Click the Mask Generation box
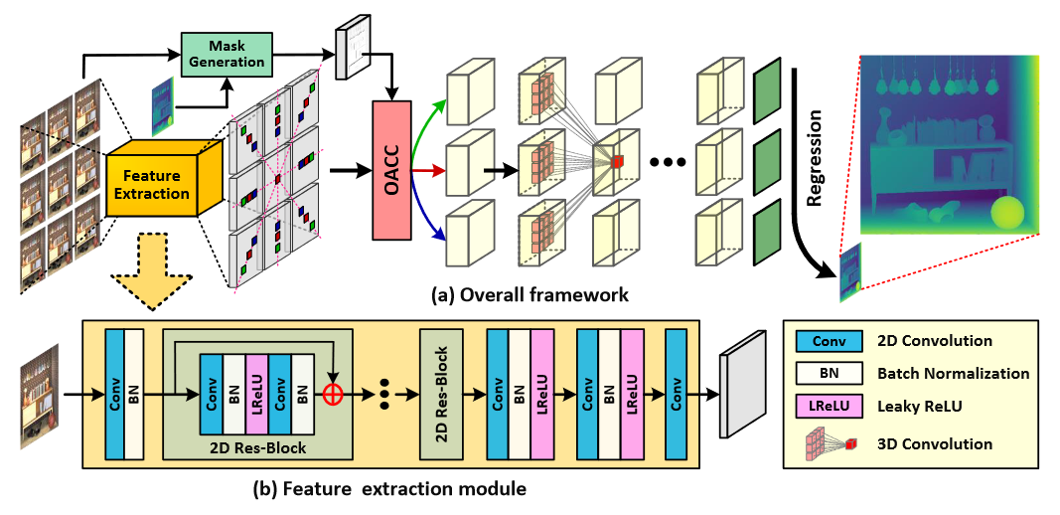coord(226,54)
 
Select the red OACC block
coord(390,169)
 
